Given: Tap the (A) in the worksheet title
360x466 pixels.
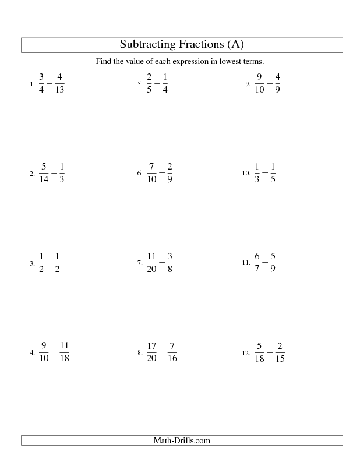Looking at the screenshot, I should pyautogui.click(x=232, y=44).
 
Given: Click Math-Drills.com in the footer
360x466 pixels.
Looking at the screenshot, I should pyautogui.click(x=181, y=441).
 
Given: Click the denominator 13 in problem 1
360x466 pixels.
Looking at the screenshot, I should pyautogui.click(x=60, y=90).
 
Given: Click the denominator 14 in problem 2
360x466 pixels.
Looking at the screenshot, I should pyautogui.click(x=44, y=179).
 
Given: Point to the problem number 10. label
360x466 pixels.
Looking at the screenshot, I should pyautogui.click(x=245, y=174).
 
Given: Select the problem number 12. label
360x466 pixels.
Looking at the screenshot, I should pyautogui.click(x=245, y=353).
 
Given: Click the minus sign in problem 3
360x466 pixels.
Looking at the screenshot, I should pyautogui.click(x=49, y=263).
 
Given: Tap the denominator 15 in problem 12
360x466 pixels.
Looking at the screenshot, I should pyautogui.click(x=279, y=359).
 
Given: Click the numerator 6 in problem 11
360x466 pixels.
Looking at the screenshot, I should pyautogui.click(x=257, y=257).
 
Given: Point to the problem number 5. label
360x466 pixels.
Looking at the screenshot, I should pyautogui.click(x=140, y=84).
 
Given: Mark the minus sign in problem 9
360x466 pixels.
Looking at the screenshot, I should pyautogui.click(x=269, y=84).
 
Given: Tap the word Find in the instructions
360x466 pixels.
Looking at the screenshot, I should pyautogui.click(x=103, y=61).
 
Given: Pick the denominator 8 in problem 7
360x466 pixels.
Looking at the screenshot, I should pyautogui.click(x=169, y=269).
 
